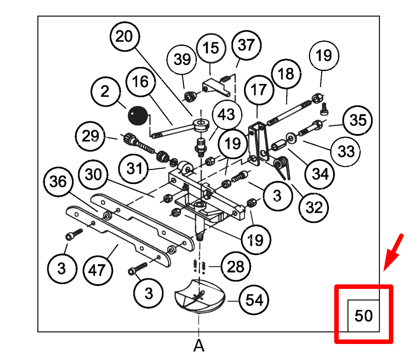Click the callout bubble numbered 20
pos(124,37)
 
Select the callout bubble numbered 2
pos(105,91)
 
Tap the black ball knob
pos(137,116)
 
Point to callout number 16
pos(141,81)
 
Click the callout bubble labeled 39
pos(182,59)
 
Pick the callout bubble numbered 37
pos(246,45)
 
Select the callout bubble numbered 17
pos(259,90)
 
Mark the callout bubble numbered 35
pos(358,121)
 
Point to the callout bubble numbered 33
pos(346,151)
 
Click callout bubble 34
pos(320,174)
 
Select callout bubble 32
pos(315,208)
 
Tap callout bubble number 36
pos(58,181)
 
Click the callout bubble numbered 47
pos(98,270)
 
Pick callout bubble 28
pos(236,267)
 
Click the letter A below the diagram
pos(199,346)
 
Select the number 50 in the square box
pos(363,316)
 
